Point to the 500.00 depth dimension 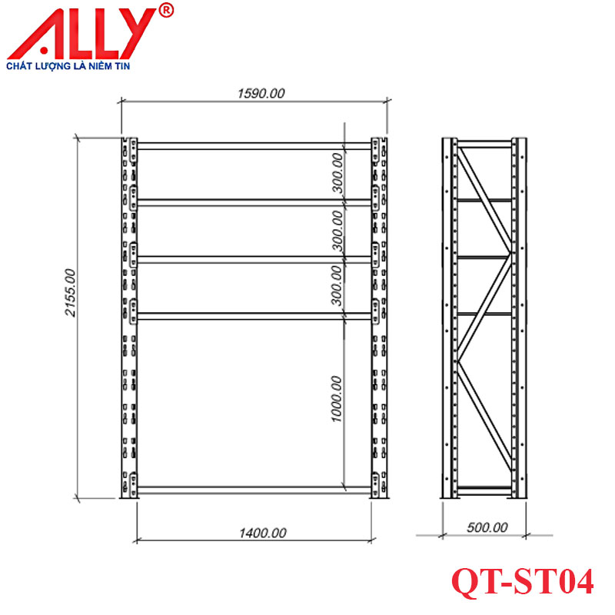487,527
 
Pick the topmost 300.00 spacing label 336,172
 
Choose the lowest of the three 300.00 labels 336,285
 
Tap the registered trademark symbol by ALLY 167,10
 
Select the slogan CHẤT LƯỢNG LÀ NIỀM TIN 70,67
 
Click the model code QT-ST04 522,582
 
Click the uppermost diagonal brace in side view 484,198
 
